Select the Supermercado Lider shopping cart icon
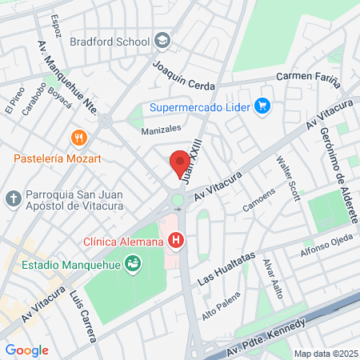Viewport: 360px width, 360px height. [x=262, y=106]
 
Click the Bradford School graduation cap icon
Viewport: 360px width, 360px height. [x=162, y=41]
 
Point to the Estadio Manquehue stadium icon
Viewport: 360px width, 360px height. [x=134, y=262]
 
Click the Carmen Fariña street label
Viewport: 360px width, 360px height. [x=308, y=77]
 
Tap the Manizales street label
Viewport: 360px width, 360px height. [x=161, y=128]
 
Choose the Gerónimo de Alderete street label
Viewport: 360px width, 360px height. [x=336, y=167]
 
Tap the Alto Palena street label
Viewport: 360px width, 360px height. [x=222, y=308]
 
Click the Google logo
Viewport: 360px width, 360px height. [x=26, y=350]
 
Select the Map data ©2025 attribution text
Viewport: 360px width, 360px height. [x=324, y=354]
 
